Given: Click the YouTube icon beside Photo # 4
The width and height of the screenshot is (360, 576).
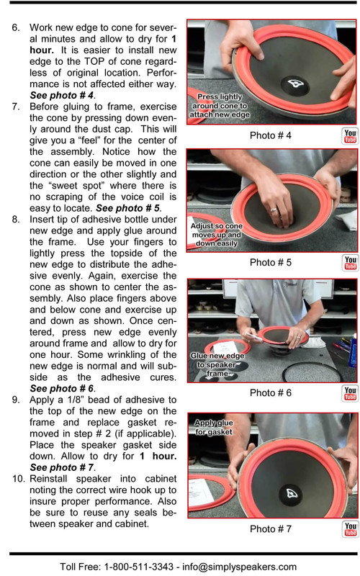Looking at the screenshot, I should pos(350,136).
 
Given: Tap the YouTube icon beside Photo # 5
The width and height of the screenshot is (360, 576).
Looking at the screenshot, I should pos(350,263).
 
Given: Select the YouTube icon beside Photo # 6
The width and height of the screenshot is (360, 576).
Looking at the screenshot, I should pos(350,393).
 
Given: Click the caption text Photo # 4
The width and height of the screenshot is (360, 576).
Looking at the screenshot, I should pos(270,136).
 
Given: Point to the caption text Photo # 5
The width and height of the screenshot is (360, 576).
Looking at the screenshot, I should pos(270,263).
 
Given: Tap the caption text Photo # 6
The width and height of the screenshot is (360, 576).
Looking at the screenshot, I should pos(270,393).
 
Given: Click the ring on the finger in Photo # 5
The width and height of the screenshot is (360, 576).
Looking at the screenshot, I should pos(274,212).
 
